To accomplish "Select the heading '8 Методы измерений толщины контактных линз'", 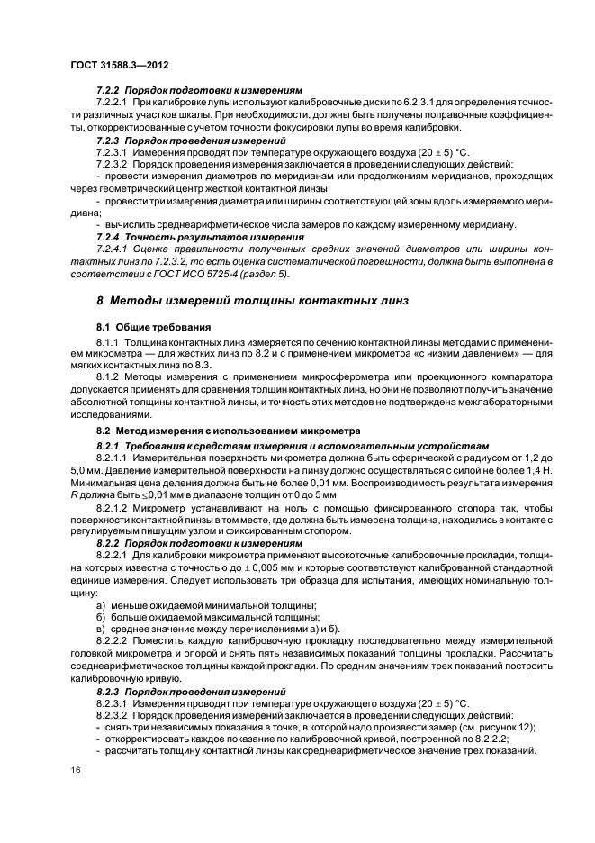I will pyautogui.click(x=253, y=300).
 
